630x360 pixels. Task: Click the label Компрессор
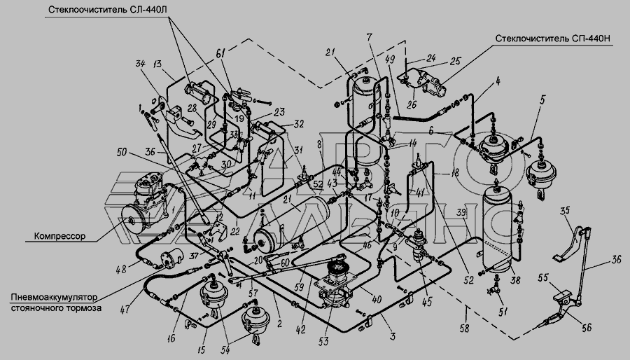[59, 237]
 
